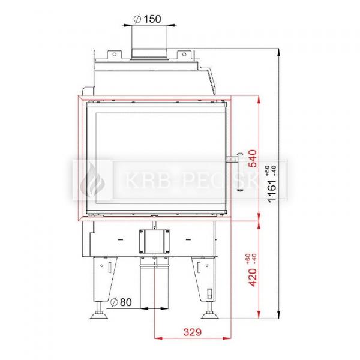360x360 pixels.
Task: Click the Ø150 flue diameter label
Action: click(x=147, y=19)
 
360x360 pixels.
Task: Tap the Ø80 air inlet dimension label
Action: click(x=121, y=302)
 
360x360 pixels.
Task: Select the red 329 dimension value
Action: click(x=193, y=332)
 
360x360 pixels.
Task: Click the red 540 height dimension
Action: click(x=253, y=158)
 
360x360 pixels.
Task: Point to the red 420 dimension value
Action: click(x=253, y=277)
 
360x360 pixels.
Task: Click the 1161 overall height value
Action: click(x=272, y=191)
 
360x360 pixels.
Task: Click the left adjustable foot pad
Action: click(x=99, y=316)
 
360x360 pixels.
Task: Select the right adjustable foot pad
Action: click(x=210, y=316)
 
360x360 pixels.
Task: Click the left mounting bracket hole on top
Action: click(x=115, y=55)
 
